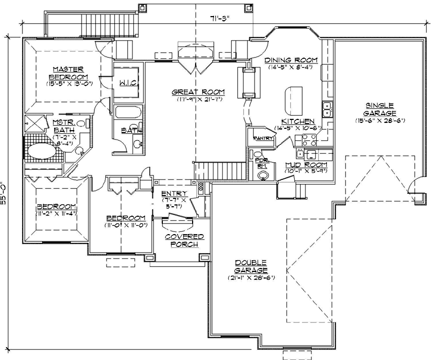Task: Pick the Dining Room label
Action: [291, 61]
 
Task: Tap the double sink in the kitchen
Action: [326, 109]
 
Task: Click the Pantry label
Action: [262, 138]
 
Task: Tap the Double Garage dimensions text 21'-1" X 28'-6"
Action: [250, 278]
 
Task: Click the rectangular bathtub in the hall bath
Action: [126, 113]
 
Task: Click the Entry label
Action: [174, 194]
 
